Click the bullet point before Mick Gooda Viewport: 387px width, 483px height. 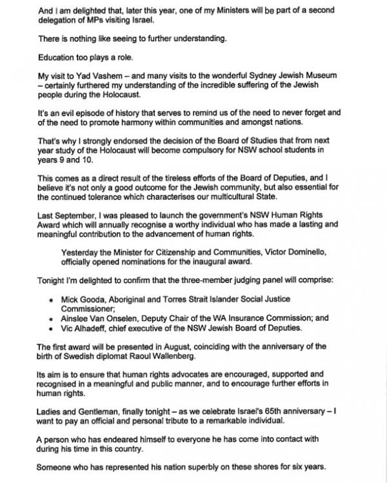click(51, 300)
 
